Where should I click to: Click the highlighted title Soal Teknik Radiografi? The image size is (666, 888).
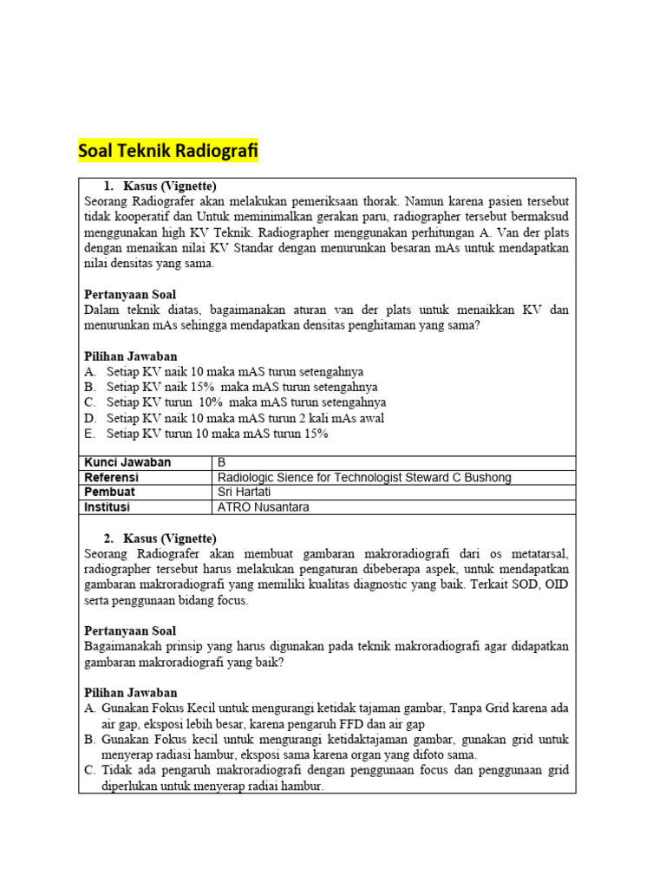(x=168, y=151)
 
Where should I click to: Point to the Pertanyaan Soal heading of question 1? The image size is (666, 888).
(x=130, y=295)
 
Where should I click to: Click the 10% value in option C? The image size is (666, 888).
(x=212, y=402)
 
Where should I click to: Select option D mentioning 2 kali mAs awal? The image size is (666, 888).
(x=245, y=418)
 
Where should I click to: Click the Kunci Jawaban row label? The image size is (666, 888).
(x=127, y=462)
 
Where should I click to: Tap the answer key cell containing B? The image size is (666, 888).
(x=221, y=462)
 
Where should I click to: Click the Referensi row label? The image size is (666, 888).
(x=111, y=477)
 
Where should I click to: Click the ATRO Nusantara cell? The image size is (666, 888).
(x=263, y=506)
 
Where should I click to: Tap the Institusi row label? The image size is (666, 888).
(x=108, y=506)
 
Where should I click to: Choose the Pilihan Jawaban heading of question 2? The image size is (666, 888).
(x=130, y=693)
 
